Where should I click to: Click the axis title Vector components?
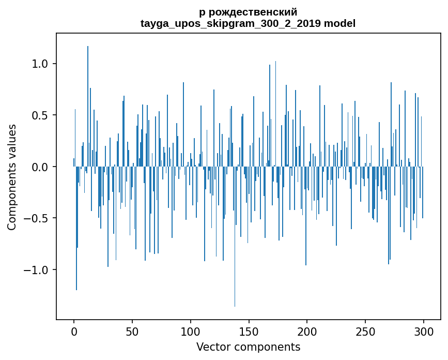click(x=248, y=347)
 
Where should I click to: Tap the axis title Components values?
click(x=12, y=177)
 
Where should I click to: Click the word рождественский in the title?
click(x=252, y=12)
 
